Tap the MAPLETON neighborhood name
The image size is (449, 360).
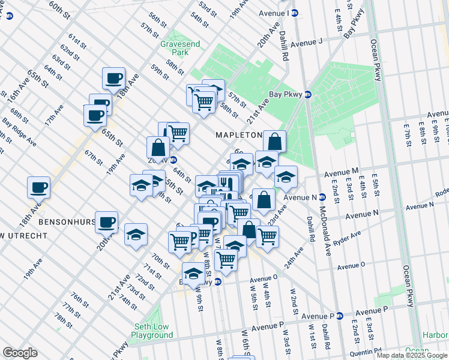pyautogui.click(x=238, y=136)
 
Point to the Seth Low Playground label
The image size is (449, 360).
pyautogui.click(x=153, y=331)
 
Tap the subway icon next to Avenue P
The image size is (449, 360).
pyautogui.click(x=340, y=316)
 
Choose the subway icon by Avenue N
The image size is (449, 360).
pyautogui.click(x=322, y=197)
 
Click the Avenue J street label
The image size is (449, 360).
pyautogui.click(x=306, y=41)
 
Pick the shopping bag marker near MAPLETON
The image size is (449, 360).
pyautogui.click(x=274, y=142)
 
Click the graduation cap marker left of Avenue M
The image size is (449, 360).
pyautogui.click(x=286, y=176)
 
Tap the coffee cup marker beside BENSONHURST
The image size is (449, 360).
pyautogui.click(x=107, y=223)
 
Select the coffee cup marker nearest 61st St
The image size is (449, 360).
pyautogui.click(x=113, y=78)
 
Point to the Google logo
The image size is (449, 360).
pyautogui.click(x=20, y=353)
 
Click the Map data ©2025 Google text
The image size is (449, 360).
pyautogui.click(x=411, y=355)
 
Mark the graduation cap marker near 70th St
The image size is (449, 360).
pyautogui.click(x=136, y=235)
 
